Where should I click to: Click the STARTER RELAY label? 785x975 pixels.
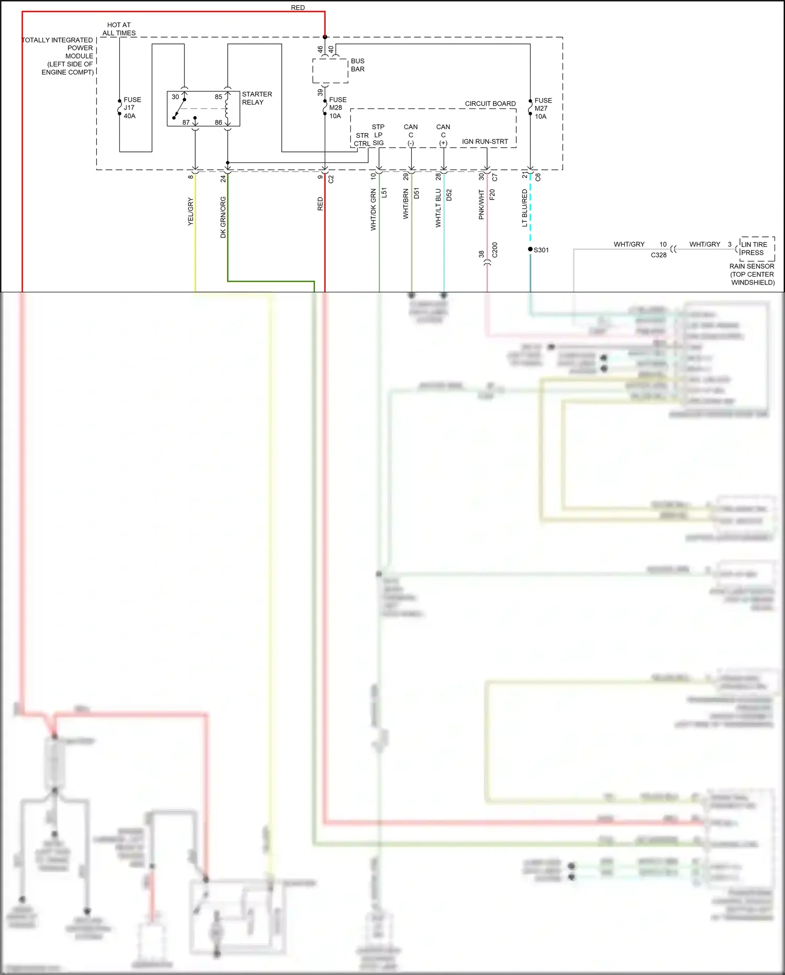(x=257, y=98)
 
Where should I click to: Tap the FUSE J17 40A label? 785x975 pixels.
(x=132, y=107)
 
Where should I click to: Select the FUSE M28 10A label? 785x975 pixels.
(x=337, y=107)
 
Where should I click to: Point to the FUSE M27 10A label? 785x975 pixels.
(x=543, y=108)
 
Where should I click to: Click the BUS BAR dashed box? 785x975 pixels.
(x=330, y=71)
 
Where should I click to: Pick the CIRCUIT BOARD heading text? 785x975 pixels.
(x=490, y=103)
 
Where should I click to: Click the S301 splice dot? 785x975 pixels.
(x=530, y=249)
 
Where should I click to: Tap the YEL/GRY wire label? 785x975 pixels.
(x=190, y=212)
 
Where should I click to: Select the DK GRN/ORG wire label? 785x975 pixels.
(x=223, y=217)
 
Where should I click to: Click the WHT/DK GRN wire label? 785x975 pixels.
(x=373, y=210)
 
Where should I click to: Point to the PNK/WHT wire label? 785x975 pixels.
(x=481, y=204)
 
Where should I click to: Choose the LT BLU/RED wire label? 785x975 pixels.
(x=524, y=208)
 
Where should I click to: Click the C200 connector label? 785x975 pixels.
(x=494, y=250)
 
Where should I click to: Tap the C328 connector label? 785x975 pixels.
(x=658, y=255)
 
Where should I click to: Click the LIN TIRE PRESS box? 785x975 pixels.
(x=757, y=248)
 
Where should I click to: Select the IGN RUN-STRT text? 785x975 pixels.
(x=484, y=141)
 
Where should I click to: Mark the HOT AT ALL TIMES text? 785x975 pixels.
(x=119, y=29)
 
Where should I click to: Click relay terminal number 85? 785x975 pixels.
(x=218, y=96)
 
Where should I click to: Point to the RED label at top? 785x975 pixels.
(x=297, y=7)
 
